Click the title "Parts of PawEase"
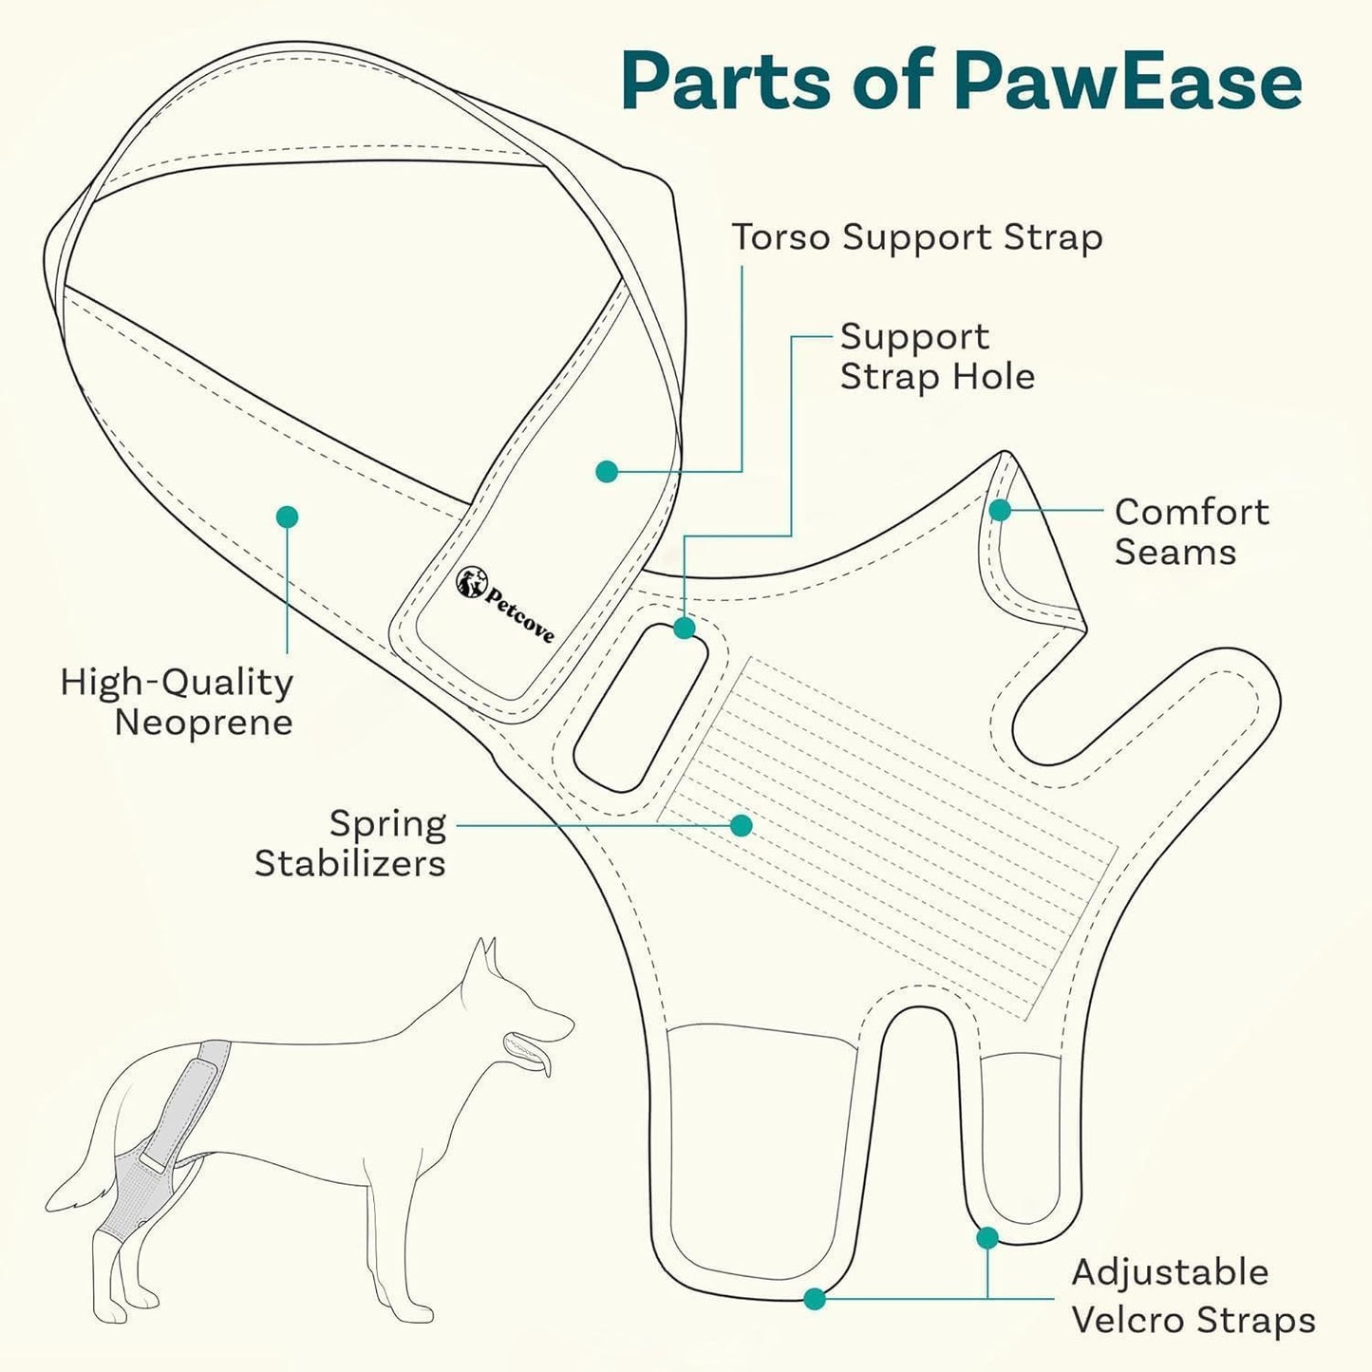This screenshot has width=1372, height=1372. click(x=961, y=82)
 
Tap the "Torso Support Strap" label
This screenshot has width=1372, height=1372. click(x=916, y=237)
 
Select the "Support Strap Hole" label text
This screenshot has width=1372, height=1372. click(x=936, y=357)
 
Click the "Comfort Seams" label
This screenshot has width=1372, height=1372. click(x=1191, y=532)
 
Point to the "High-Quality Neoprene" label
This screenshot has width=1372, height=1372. click(x=177, y=702)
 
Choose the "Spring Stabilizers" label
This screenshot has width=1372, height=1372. click(x=350, y=843)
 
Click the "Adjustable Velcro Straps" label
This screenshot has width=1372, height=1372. click(x=1193, y=1296)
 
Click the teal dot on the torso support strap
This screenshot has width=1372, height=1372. click(x=607, y=471)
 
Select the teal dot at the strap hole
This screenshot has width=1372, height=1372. click(x=685, y=629)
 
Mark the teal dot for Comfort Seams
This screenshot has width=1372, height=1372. click(x=1000, y=511)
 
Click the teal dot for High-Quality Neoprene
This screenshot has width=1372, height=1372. click(x=287, y=517)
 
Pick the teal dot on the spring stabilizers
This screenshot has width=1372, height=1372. click(x=742, y=826)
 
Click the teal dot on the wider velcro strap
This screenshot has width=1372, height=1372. click(x=814, y=1298)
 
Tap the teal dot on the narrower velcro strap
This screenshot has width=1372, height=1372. click(x=987, y=1238)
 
